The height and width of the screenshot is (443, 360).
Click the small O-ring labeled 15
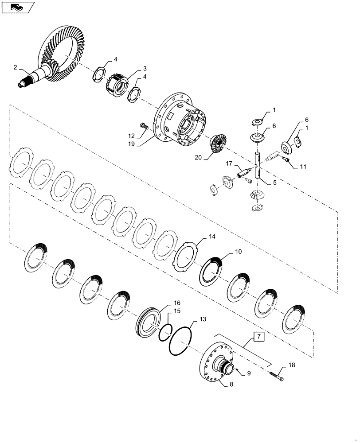(x=165, y=331)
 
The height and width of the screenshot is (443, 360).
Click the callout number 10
(x=238, y=252)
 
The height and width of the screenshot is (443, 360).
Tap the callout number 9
(x=249, y=373)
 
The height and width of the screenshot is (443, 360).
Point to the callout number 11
(x=303, y=167)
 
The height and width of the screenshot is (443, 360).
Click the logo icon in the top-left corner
(x=18, y=7)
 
